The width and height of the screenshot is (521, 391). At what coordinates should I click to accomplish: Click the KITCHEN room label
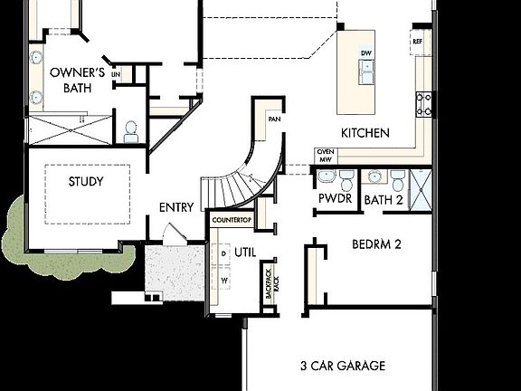[365, 133]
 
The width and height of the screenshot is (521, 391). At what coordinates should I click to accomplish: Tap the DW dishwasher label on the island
[366, 53]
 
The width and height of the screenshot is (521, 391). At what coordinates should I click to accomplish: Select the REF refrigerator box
[418, 41]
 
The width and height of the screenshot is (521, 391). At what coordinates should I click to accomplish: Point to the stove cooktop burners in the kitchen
[423, 104]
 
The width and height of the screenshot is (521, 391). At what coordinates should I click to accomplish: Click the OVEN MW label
[325, 156]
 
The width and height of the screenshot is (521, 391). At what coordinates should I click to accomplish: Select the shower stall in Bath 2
[421, 188]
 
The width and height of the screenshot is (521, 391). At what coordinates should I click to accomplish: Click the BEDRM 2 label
[377, 244]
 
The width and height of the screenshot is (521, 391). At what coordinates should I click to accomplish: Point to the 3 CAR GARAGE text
[343, 366]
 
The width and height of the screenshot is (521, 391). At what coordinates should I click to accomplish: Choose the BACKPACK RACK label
[268, 283]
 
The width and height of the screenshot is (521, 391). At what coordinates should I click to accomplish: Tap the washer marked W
[223, 281]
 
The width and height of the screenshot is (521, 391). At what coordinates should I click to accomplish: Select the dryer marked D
[223, 254]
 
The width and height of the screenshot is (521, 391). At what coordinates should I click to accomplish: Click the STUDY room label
[86, 181]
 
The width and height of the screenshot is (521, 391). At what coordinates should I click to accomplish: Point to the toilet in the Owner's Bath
[131, 132]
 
